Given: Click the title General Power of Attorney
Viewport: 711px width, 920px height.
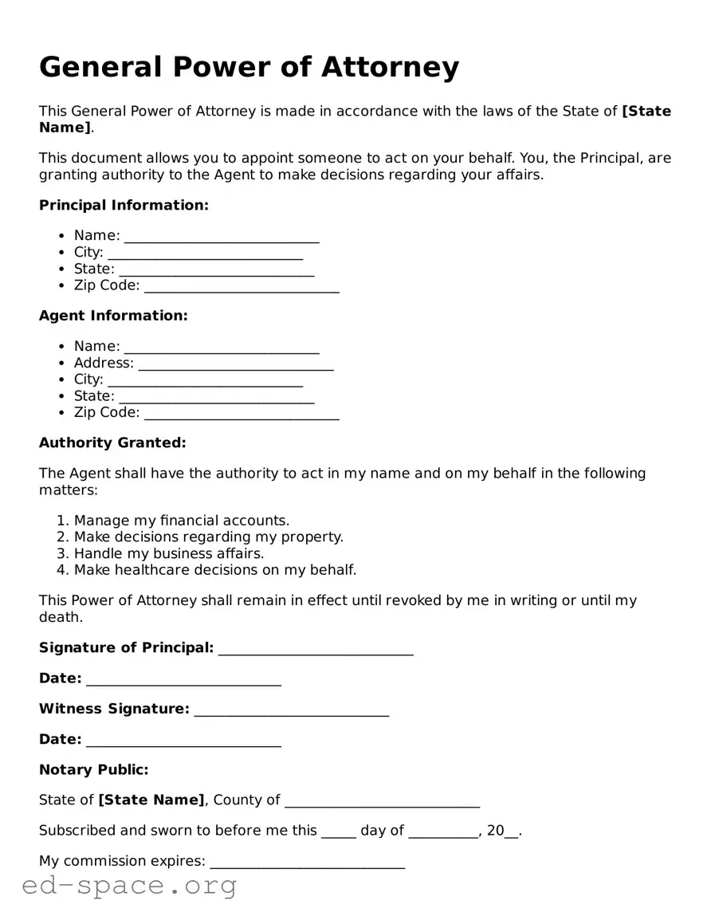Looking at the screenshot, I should tap(249, 68).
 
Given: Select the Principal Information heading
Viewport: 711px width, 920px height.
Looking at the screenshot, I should tap(124, 206).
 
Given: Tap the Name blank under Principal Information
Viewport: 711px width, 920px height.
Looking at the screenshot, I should tap(222, 236).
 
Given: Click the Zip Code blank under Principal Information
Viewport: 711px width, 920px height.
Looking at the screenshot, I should tap(242, 286).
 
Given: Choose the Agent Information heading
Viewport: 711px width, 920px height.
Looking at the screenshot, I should tap(113, 316).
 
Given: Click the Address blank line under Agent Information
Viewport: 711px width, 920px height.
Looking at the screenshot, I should tap(236, 364).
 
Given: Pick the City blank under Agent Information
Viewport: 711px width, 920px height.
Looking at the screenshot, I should tap(205, 380).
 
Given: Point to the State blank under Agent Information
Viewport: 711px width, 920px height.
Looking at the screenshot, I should tap(216, 397).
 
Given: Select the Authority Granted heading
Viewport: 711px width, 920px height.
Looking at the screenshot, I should tap(112, 442).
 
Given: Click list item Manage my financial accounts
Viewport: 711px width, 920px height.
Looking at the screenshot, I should tap(182, 521).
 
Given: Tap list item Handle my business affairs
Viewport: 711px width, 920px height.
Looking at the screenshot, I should tap(169, 553).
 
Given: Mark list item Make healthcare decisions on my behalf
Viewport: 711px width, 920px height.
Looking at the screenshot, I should tap(215, 570).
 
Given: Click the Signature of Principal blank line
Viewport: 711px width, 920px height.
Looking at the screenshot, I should tap(316, 649).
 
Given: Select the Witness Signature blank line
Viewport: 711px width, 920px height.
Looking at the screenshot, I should tap(291, 710).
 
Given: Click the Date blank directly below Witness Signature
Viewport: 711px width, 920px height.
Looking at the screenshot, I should tap(183, 741).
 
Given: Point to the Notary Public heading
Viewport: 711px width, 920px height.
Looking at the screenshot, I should tap(94, 770).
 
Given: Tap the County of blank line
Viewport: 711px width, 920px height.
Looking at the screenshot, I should tap(382, 801).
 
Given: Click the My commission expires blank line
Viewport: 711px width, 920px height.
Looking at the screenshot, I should tap(307, 863).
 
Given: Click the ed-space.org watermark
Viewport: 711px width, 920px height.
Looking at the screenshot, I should tap(129, 886).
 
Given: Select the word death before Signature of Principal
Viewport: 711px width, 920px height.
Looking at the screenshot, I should tap(60, 617).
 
